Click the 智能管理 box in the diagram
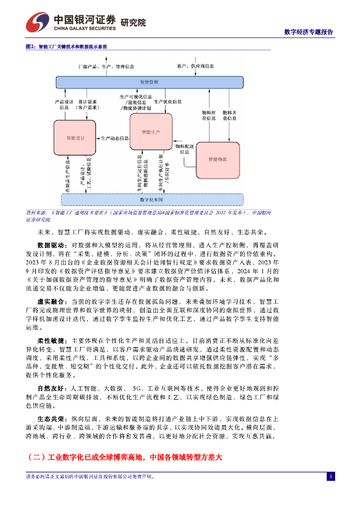[x=149, y=81]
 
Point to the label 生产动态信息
[x=114, y=138]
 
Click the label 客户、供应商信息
[x=195, y=66]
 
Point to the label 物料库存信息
[x=208, y=116]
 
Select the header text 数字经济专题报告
[x=308, y=32]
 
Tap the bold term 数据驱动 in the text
[x=52, y=246]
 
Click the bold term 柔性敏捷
[x=52, y=341]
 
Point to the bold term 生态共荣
[x=52, y=419]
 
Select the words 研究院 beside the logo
[x=133, y=22]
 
